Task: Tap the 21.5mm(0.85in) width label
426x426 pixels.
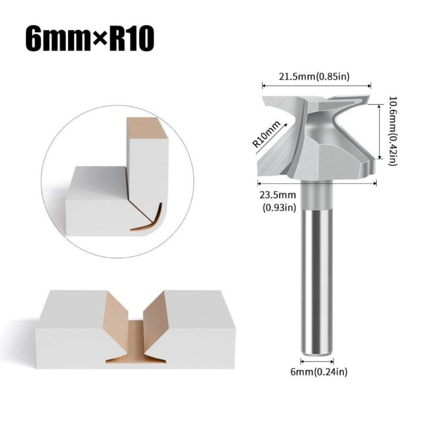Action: coord(314,76)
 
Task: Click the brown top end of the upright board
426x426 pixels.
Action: coord(147,126)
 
